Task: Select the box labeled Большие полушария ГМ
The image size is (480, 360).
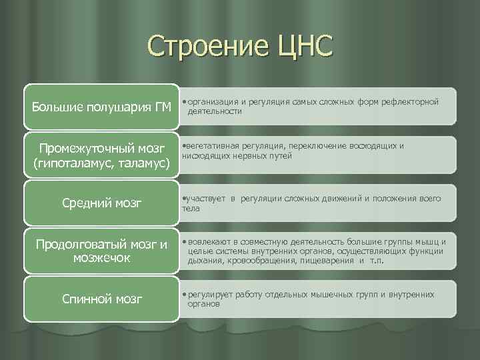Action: pos(101,107)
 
